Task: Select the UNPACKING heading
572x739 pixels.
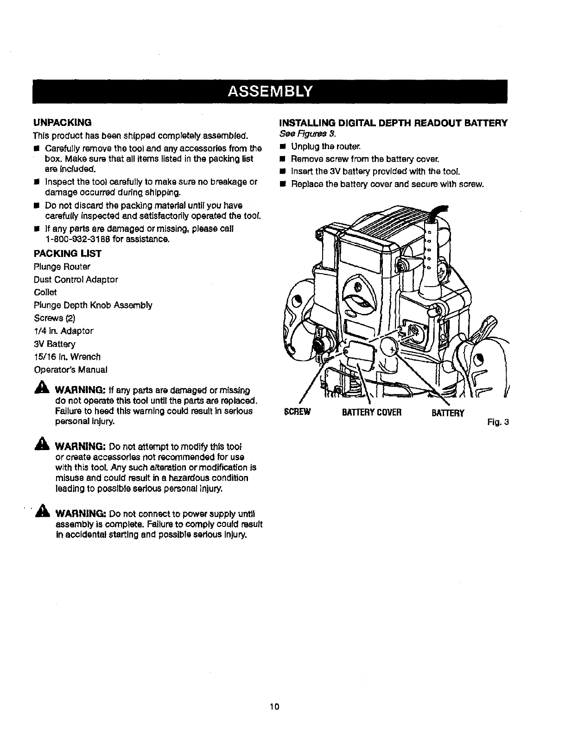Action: (x=62, y=123)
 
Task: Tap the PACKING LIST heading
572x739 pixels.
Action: (x=67, y=254)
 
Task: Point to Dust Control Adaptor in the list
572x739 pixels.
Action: (x=76, y=280)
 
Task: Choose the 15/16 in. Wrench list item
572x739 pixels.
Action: (x=67, y=357)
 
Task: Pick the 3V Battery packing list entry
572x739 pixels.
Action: (x=54, y=344)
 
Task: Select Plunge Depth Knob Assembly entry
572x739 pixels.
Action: (x=93, y=305)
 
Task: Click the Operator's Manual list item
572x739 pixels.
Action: (x=70, y=370)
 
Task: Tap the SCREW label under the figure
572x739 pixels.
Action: (x=296, y=412)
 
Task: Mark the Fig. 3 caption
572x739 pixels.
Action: (x=498, y=422)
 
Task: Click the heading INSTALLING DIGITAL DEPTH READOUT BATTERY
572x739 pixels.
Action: (x=393, y=123)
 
